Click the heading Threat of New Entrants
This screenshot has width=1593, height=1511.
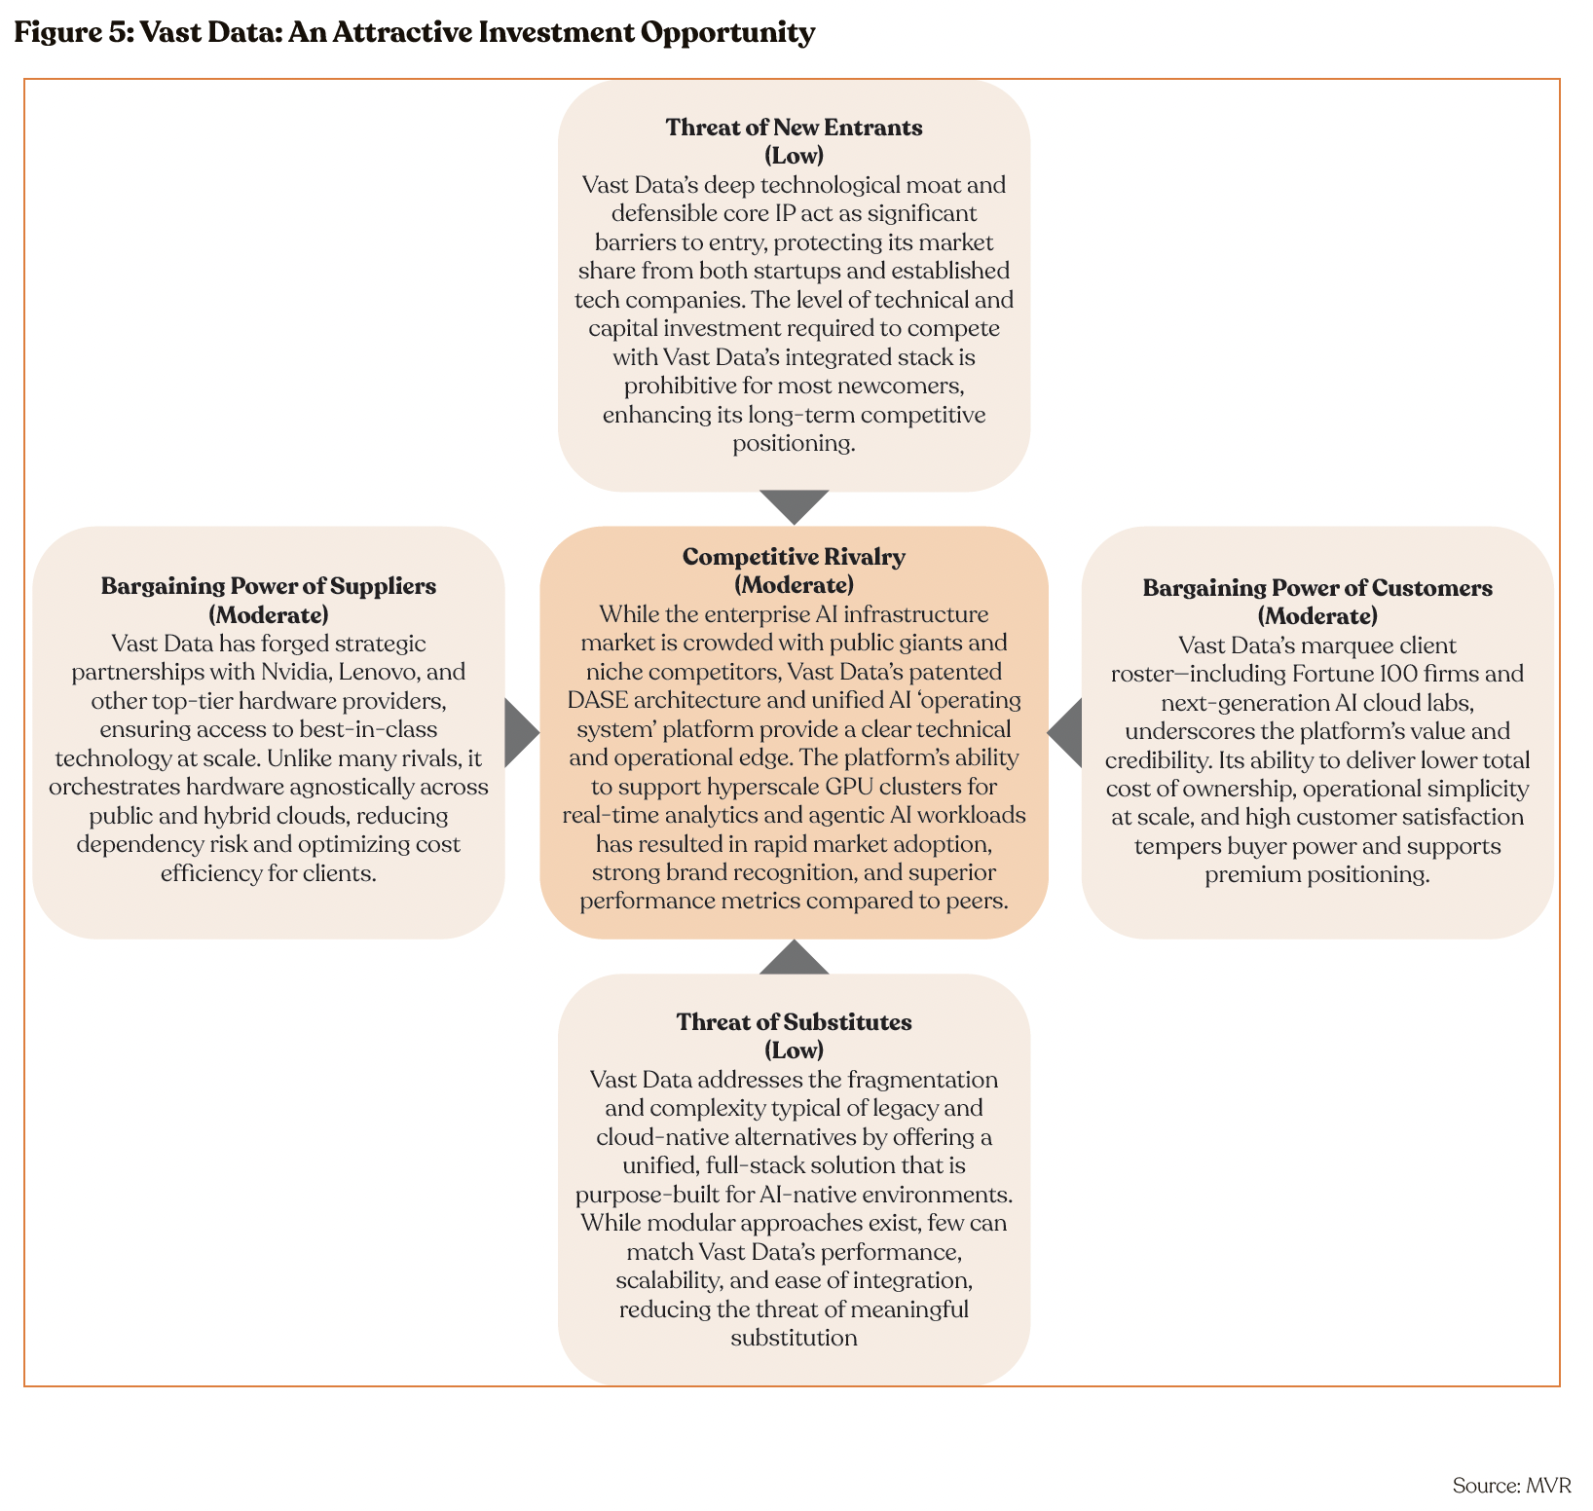tap(794, 128)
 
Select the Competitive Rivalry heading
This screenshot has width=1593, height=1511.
tap(794, 557)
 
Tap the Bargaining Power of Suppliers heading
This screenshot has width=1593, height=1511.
tap(269, 586)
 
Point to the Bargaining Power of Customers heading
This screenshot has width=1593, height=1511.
tap(1317, 588)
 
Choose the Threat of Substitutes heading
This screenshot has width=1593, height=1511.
tap(794, 1022)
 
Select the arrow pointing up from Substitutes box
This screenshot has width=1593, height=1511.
tap(794, 958)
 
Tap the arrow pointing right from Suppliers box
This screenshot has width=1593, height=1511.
tap(521, 733)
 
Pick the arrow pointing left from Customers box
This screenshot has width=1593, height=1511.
tap(1066, 733)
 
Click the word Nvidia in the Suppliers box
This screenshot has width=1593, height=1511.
tap(293, 672)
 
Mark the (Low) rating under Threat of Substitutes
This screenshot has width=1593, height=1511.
tap(794, 1050)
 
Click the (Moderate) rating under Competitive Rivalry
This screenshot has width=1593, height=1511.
tap(794, 585)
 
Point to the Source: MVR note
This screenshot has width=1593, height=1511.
tap(1511, 1486)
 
